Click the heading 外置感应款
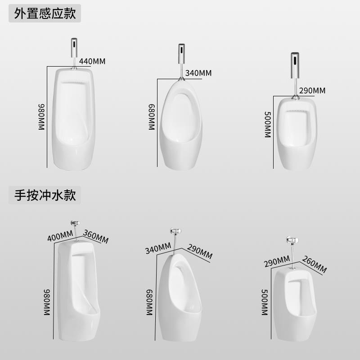point(45,13)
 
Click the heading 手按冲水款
point(45,195)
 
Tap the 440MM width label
point(92,61)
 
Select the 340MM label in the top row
point(198,73)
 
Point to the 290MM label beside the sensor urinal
point(312,90)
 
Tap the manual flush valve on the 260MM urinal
point(290,242)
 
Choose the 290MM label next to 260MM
point(277,261)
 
